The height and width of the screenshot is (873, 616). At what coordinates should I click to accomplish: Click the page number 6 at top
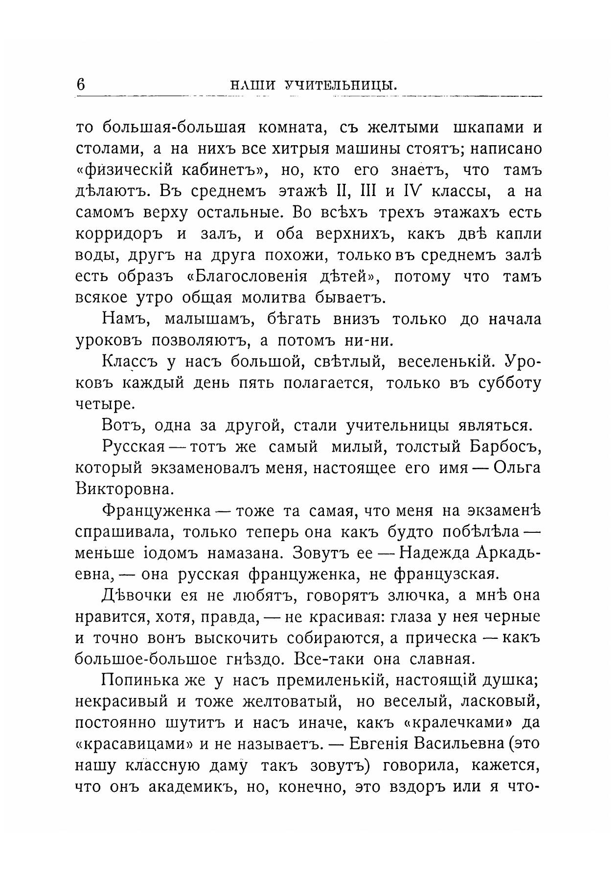coord(81,84)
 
